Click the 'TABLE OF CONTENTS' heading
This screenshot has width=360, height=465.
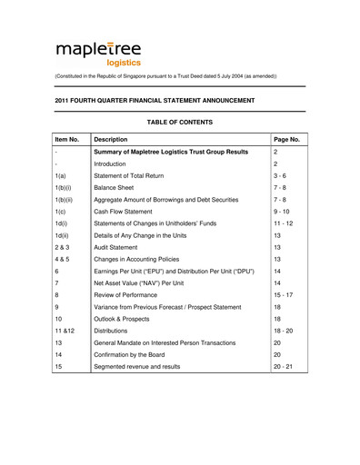click(x=179, y=122)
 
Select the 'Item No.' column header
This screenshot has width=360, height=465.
click(x=69, y=140)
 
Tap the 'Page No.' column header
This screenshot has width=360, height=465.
click(x=287, y=140)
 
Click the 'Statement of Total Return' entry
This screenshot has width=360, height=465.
click(x=136, y=180)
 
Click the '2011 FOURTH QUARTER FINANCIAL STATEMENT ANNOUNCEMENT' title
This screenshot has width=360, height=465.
click(x=155, y=100)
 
